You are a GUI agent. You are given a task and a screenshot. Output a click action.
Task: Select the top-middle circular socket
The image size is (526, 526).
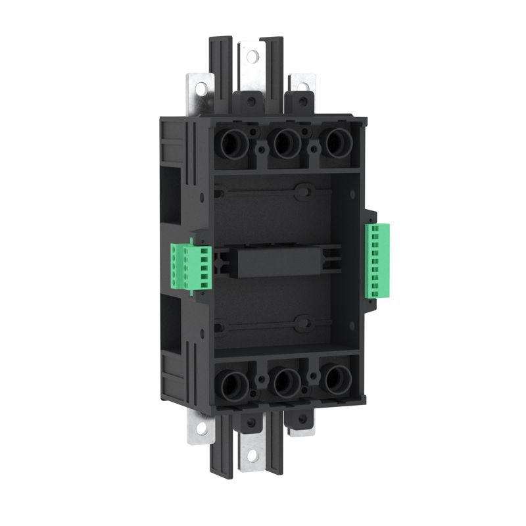coord(284,144)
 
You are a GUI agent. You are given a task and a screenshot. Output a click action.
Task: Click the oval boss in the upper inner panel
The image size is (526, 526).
coord(303,193)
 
